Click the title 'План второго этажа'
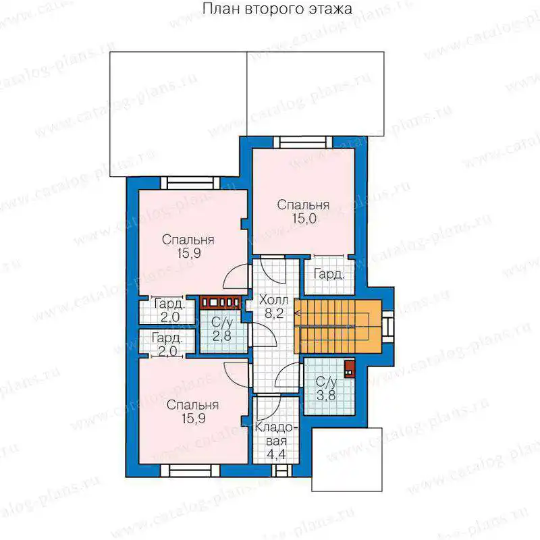click(x=277, y=9)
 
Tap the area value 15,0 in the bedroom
click(x=304, y=218)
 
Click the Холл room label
click(x=274, y=300)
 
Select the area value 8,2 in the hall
click(x=274, y=313)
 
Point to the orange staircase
click(x=338, y=327)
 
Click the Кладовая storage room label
click(x=276, y=434)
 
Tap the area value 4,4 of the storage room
click(x=276, y=454)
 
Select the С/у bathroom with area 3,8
click(x=329, y=386)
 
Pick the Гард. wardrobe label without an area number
click(x=329, y=275)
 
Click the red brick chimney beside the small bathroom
click(x=221, y=302)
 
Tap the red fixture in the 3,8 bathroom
click(x=349, y=369)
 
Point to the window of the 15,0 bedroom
click(x=302, y=142)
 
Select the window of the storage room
click(x=279, y=470)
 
